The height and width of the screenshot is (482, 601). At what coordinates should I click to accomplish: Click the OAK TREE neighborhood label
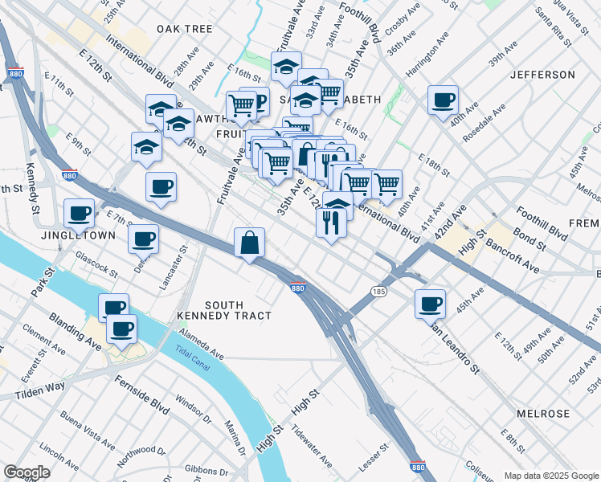coord(185,29)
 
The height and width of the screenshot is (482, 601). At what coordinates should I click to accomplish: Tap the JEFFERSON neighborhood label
coord(542,75)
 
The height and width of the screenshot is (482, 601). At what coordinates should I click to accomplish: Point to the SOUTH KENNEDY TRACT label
coord(235,310)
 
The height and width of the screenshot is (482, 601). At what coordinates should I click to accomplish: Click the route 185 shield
coord(377,290)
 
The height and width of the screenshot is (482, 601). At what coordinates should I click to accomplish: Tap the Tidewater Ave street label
coord(313,446)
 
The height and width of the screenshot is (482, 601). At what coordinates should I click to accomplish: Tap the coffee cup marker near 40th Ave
coord(443,100)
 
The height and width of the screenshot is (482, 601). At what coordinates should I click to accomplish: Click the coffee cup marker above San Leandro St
coord(430,303)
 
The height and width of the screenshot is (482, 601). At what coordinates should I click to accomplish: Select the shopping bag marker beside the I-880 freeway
coord(250,241)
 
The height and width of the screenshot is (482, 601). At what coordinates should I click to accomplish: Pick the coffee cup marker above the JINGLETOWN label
coord(80,213)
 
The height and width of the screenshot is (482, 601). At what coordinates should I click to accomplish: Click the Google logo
coord(27,473)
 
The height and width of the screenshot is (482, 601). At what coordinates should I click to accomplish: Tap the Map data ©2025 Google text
coord(550,476)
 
